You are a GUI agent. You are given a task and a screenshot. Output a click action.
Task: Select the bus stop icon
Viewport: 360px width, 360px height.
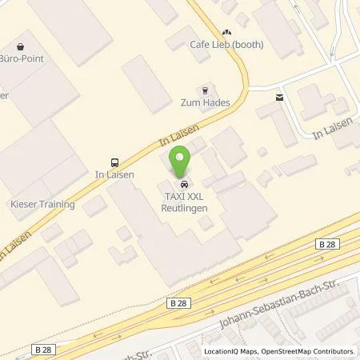click(115, 159)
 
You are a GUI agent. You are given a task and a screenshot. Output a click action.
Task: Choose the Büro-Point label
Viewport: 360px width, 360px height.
click(22, 58)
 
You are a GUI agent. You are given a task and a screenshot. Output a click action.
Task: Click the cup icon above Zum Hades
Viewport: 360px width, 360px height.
click(204, 90)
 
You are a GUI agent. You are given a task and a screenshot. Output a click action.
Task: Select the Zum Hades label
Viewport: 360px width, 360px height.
click(204, 103)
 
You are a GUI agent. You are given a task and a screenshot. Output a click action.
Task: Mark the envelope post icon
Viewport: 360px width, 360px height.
click(278, 98)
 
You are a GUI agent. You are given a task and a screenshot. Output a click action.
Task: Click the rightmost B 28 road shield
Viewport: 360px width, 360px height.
click(326, 244)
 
